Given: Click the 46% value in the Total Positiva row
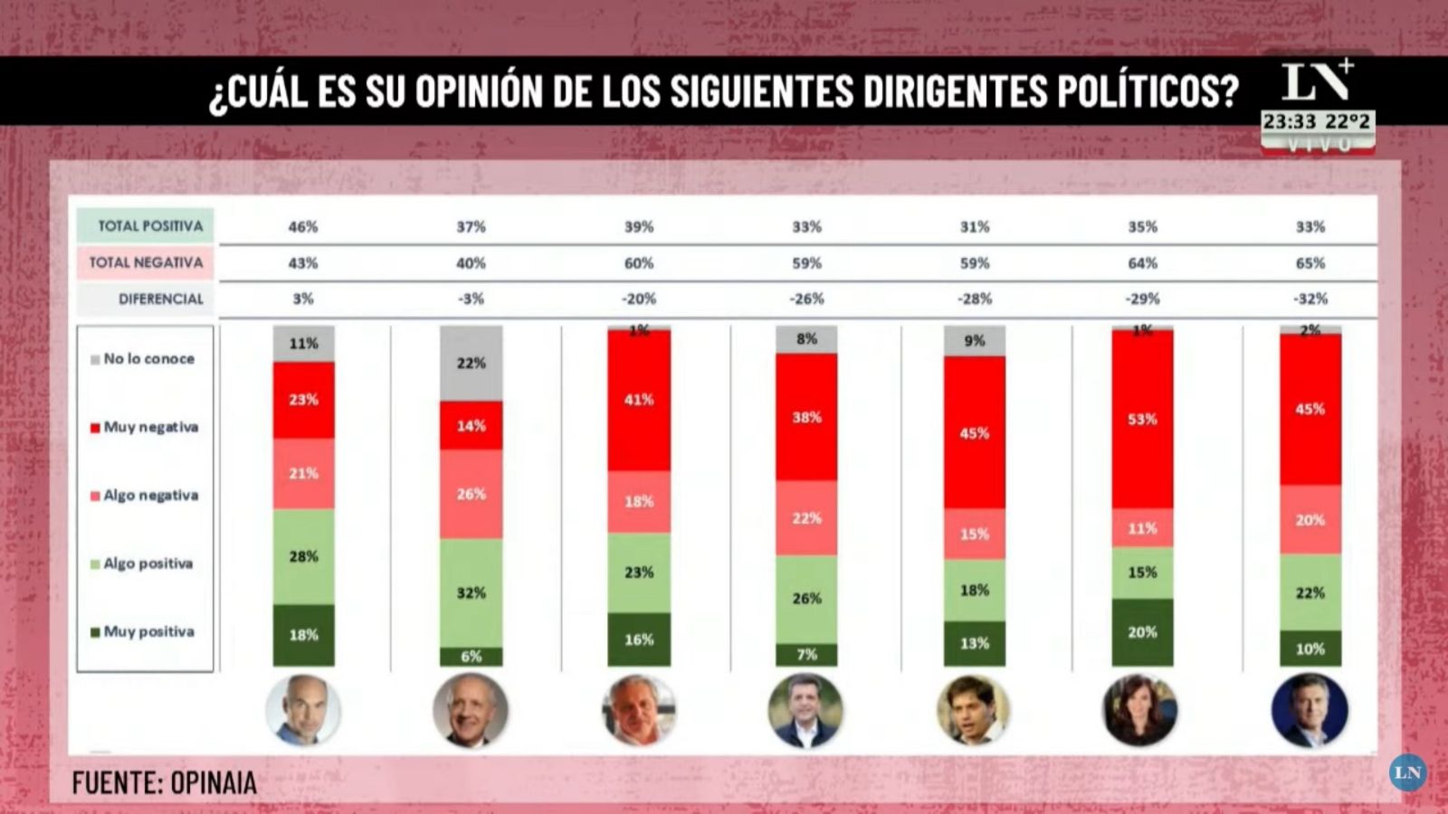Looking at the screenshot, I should point(303,227).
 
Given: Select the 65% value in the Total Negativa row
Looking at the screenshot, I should point(1310,263).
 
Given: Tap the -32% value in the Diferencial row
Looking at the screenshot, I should point(1310,298).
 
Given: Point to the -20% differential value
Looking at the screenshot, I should point(639,298).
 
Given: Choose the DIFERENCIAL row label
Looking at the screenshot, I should point(160,298).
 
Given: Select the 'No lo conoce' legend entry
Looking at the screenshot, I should point(148,359).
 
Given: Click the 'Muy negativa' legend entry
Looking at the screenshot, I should point(150,427).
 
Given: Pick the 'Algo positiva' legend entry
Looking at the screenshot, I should point(148,563).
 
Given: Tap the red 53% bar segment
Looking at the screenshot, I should point(1142,419).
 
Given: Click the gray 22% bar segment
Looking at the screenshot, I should point(471,364).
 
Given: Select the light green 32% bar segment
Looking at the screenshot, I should point(471,592).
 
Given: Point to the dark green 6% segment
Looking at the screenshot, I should point(471,657).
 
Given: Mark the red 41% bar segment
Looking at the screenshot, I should point(639,400).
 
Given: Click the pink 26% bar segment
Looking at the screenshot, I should point(471,494).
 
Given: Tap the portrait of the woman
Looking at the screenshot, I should point(1140,711).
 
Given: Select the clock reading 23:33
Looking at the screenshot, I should point(1290,122).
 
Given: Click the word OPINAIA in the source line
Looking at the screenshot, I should point(214,783).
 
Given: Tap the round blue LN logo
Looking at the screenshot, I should point(1407,772).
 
